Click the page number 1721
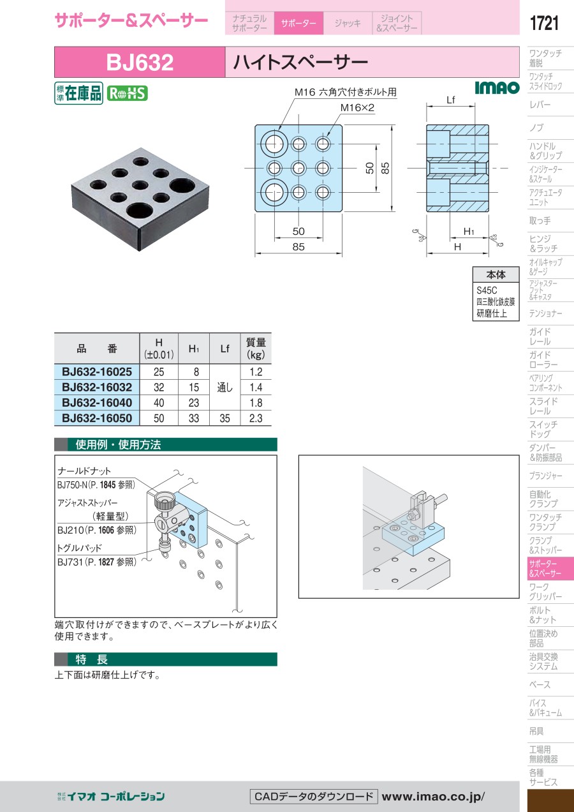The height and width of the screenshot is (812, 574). point(544,23)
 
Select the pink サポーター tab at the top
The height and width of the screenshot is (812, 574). point(298,23)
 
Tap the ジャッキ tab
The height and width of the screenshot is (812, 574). point(348,23)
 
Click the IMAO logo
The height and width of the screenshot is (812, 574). point(497,87)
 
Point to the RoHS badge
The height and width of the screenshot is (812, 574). point(128,93)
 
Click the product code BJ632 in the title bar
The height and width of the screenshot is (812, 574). point(140,62)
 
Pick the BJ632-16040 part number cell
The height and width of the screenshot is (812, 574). point(97,402)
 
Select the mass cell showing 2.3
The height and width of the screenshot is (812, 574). point(256,418)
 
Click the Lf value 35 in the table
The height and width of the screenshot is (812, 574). point(225,418)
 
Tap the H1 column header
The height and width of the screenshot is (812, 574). point(194,349)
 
